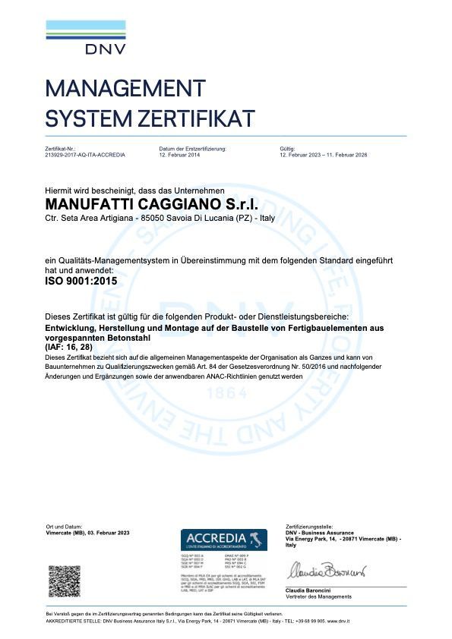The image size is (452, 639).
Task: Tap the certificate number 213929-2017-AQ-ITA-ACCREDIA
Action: click(x=85, y=154)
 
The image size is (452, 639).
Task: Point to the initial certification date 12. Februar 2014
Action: click(x=180, y=154)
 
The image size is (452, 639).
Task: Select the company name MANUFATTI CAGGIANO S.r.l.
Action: click(x=152, y=205)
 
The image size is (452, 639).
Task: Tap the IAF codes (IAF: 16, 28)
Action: click(x=68, y=346)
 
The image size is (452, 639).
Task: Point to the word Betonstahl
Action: click(x=131, y=337)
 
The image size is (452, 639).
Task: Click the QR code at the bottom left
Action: click(x=65, y=581)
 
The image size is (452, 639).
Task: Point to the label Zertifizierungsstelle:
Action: click(x=310, y=526)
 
